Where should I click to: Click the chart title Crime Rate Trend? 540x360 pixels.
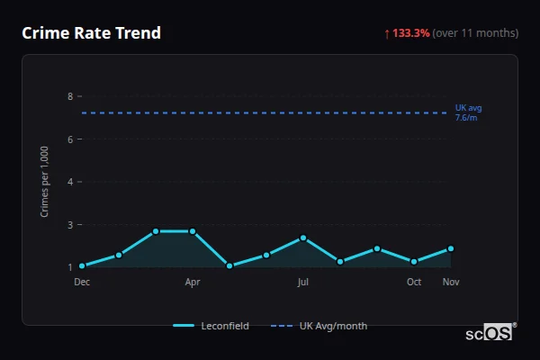91,33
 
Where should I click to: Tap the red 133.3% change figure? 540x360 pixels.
410,33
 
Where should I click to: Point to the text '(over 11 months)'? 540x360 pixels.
475,33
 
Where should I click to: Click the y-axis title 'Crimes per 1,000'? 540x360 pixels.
45,181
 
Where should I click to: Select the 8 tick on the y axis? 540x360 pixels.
70,96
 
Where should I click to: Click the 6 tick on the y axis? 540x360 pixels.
70,139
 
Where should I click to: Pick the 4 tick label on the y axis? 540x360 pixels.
70,182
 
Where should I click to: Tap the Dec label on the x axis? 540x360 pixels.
82,283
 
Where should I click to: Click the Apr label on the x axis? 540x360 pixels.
193,283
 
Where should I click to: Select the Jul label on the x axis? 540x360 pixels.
303,283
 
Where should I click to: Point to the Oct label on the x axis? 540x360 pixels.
414,283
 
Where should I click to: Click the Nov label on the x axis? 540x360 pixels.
451,283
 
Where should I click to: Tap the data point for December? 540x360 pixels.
82,266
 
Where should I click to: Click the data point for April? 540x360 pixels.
193,231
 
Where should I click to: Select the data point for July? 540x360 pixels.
303,238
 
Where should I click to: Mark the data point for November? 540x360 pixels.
451,248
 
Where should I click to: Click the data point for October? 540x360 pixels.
414,262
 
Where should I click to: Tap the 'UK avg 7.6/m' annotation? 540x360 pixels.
467,112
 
